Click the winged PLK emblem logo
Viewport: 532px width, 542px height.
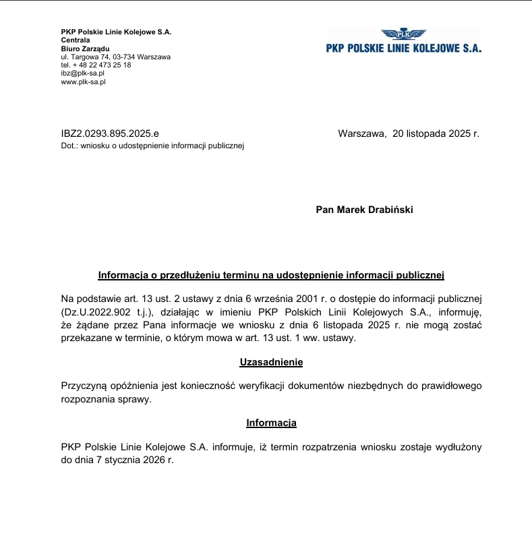pos(403,34)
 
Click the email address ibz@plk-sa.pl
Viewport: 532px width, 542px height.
pos(82,73)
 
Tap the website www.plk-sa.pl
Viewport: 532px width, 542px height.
pos(83,82)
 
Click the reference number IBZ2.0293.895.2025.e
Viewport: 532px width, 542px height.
pos(110,133)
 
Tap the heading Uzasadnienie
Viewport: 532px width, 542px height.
pos(271,363)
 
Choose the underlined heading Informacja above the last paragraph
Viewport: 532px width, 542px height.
pos(271,423)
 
